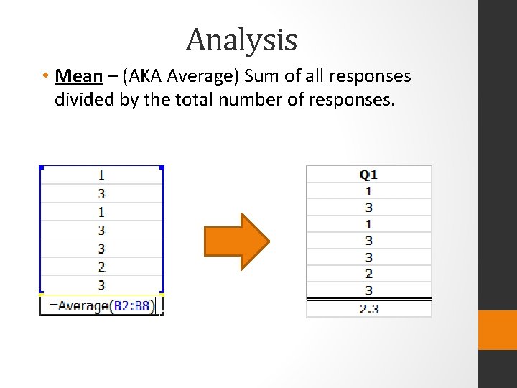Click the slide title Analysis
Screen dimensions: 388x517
[x=241, y=40]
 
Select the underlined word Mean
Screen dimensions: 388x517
[x=78, y=75]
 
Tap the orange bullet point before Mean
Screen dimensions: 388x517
[x=45, y=76]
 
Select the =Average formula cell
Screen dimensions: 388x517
[x=101, y=305]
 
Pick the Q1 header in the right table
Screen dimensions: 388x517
[x=368, y=175]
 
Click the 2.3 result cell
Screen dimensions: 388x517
[x=368, y=309]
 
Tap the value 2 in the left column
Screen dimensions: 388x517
[x=101, y=267]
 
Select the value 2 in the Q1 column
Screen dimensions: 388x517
[x=368, y=274]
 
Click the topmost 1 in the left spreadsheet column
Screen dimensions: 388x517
[x=101, y=175]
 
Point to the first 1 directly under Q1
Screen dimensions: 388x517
[x=368, y=191]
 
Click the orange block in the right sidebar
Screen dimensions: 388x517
[x=498, y=330]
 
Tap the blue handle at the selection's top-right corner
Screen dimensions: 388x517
[x=162, y=167]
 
